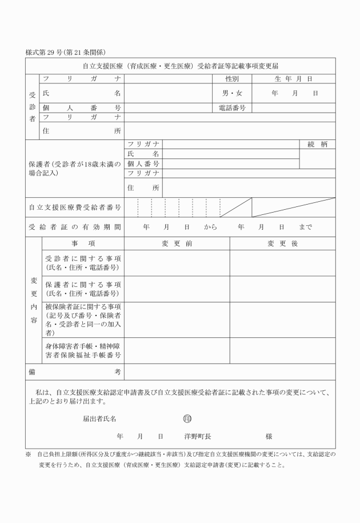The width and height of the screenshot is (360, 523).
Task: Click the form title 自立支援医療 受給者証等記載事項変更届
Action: pyautogui.click(x=180, y=66)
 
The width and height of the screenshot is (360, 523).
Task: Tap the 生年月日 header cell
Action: pyautogui.click(x=294, y=78)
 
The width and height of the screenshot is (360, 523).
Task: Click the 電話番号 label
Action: pyautogui.click(x=231, y=107)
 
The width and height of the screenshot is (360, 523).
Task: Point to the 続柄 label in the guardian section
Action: pyautogui.click(x=317, y=145)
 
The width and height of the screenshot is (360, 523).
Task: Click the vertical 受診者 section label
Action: pyautogui.click(x=32, y=106)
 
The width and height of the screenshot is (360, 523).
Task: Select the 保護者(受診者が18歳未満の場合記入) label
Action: pyautogui.click(x=75, y=168)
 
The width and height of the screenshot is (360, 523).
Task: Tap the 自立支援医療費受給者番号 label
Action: pyautogui.click(x=75, y=207)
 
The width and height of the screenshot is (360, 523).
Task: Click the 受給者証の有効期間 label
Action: pyautogui.click(x=75, y=227)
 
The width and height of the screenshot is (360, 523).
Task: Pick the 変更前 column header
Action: pyautogui.click(x=177, y=243)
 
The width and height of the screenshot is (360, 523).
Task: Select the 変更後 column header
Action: pyautogui.click(x=282, y=243)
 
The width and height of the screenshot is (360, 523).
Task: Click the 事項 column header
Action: pyautogui.click(x=82, y=243)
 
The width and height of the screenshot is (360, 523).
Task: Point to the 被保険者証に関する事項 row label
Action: pyautogui.click(x=82, y=320)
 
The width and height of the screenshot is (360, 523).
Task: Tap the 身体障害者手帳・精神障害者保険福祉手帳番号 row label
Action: pyautogui.click(x=82, y=350)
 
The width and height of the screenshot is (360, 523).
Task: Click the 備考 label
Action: pyautogui.click(x=75, y=372)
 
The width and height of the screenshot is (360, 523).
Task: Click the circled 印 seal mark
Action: pyautogui.click(x=187, y=418)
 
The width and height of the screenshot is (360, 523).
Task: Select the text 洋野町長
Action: pyautogui.click(x=198, y=436)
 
